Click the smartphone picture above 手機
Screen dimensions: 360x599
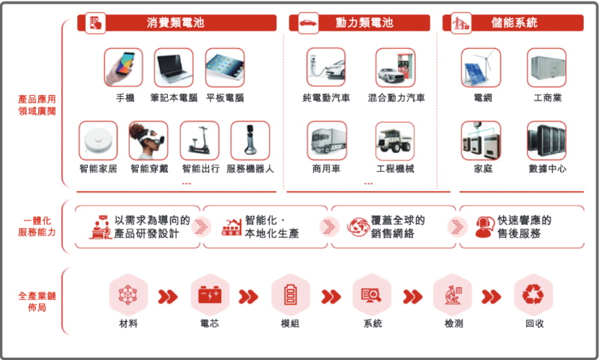124,67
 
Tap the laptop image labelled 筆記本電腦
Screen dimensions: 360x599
174,67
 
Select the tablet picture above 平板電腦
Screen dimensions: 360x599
224,67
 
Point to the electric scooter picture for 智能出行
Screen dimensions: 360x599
199,140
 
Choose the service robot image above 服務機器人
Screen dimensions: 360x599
250,140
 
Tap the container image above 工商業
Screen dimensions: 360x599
547,67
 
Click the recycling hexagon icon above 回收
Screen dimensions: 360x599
534,295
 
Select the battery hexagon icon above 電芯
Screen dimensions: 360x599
210,295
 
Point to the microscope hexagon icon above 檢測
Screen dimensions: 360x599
453,295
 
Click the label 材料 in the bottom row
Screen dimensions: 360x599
128,324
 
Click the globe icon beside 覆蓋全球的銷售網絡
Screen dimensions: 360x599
357,226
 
